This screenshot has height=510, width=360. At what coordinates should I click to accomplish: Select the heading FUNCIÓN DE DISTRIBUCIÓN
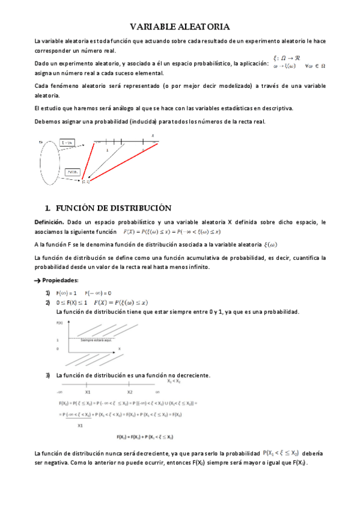pos(114,208)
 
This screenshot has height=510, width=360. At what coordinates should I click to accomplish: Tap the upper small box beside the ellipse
pos(67,143)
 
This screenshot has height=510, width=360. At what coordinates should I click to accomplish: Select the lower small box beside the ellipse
pos(72,171)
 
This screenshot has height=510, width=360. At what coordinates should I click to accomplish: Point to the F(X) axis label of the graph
pos(59,323)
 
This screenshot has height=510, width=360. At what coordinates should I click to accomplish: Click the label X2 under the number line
pos(130,392)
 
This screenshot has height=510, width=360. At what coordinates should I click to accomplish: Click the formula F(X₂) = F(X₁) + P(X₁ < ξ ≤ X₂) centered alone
pos(145,437)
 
